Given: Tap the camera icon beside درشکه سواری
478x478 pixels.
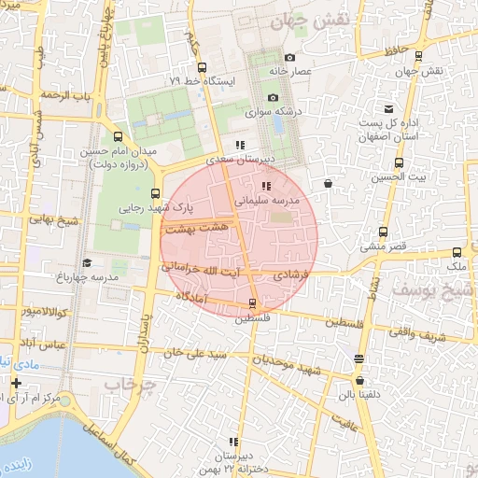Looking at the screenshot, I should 273,97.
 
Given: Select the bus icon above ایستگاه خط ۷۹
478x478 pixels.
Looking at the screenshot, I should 203,67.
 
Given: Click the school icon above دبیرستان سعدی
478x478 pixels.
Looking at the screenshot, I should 240,145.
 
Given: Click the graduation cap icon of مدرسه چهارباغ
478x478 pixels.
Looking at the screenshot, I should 87,263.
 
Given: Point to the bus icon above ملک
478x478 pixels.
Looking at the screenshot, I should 457,252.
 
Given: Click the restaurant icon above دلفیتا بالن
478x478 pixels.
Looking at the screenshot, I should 359,359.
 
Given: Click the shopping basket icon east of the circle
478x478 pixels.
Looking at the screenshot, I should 328,184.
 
